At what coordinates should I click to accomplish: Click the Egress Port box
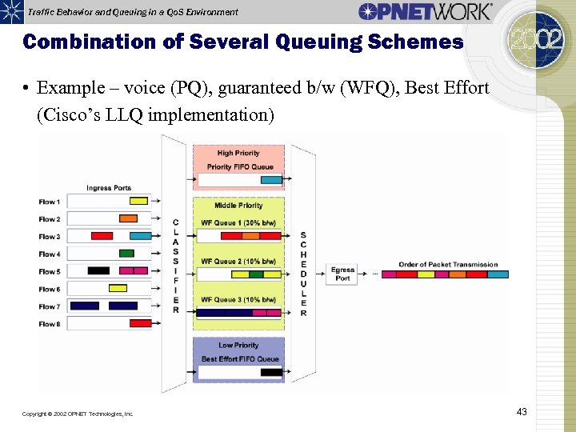[x=342, y=274]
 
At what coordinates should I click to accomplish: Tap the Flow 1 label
[x=50, y=202]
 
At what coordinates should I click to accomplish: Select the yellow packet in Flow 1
[x=139, y=202]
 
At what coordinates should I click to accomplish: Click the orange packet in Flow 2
[x=128, y=218]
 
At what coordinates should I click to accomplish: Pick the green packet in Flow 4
[x=126, y=254]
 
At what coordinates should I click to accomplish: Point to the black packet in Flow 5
[x=98, y=271]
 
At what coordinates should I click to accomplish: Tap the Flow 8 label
[x=50, y=324]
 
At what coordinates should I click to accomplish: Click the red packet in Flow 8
[x=140, y=324]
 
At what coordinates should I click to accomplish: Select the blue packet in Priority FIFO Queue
[x=270, y=180]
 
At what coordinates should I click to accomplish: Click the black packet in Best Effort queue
[x=270, y=372]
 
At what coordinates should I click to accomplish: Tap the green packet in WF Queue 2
[x=256, y=274]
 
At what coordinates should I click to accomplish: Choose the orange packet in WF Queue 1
[x=250, y=236]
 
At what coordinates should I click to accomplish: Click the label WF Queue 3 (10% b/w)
[x=238, y=299]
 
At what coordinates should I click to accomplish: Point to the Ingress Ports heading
[x=109, y=188]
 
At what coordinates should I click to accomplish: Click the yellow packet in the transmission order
[x=426, y=274]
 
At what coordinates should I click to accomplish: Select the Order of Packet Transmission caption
[x=448, y=265]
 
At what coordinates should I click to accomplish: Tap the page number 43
[x=522, y=412]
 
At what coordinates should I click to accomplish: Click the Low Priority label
[x=238, y=346]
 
